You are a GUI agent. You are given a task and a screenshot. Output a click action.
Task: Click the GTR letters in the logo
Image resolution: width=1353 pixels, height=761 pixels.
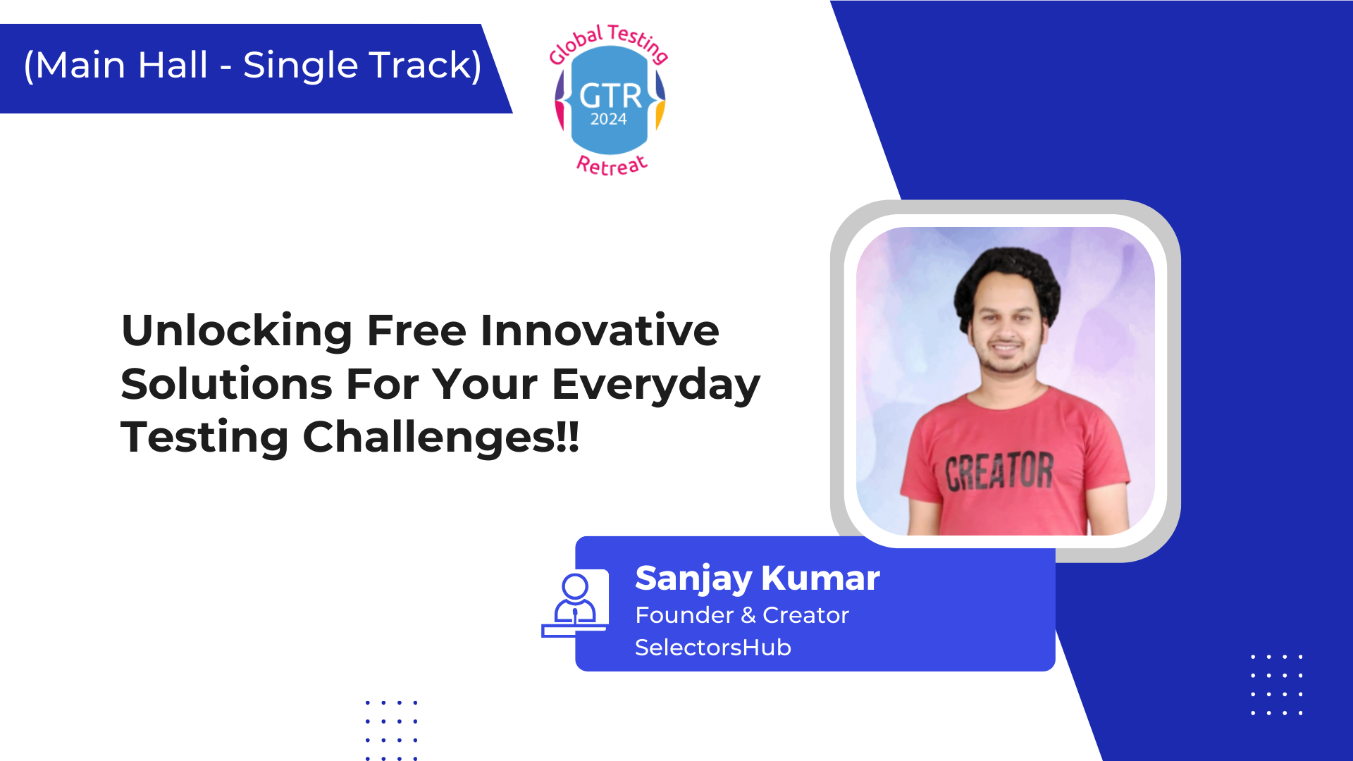[x=610, y=96]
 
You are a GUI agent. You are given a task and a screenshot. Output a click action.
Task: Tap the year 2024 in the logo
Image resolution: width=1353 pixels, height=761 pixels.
[x=609, y=119]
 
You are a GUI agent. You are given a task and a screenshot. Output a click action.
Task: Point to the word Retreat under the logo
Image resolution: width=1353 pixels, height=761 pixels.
[x=612, y=165]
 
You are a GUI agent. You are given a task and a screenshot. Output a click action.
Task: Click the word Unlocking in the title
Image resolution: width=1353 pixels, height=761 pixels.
[x=237, y=331]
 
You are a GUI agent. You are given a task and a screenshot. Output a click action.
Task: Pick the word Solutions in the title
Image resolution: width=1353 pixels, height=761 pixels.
[x=226, y=384]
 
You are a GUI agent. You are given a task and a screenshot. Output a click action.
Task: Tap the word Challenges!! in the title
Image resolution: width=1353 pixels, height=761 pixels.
[x=440, y=437]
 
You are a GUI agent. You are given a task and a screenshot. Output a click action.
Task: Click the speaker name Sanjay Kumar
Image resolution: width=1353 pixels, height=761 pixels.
[x=758, y=579]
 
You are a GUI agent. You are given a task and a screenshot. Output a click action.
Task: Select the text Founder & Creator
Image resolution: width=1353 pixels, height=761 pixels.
[x=742, y=615]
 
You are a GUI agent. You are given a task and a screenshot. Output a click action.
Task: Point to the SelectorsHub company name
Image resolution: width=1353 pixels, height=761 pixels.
[x=713, y=648]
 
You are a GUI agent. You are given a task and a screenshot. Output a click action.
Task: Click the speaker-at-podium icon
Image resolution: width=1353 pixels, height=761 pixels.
[x=575, y=603]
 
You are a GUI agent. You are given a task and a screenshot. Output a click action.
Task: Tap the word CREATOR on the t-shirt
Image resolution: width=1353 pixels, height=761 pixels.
[x=999, y=471]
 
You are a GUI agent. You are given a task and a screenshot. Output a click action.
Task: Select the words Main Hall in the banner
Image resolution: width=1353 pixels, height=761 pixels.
[x=121, y=66]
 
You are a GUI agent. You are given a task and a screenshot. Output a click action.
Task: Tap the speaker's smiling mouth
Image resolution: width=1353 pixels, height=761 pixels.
[x=1006, y=347]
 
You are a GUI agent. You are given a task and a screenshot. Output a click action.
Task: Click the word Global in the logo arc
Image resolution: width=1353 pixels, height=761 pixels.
[x=576, y=44]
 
